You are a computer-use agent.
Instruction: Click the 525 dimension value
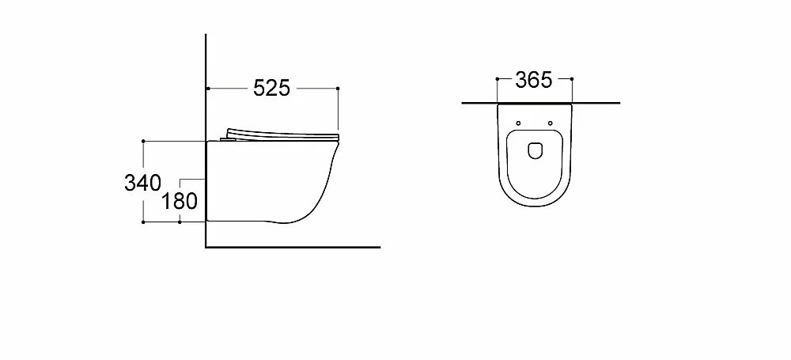271,89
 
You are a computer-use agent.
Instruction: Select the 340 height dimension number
142,183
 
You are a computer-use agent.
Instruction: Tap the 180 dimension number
179,201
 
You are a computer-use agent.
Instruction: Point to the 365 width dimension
534,80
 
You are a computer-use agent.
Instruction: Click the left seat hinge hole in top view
519,123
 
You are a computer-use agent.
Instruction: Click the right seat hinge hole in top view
550,123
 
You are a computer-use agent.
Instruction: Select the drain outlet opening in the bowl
535,150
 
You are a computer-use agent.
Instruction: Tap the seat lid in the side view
281,134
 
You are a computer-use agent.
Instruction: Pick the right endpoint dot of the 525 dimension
338,89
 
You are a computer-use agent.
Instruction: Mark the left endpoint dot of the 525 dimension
208,89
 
